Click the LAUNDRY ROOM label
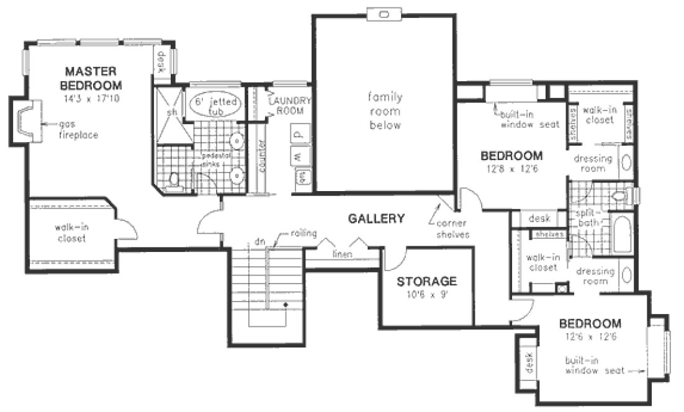(x=290, y=105)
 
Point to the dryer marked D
(x=297, y=134)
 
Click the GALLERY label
(x=376, y=218)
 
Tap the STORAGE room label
(x=427, y=280)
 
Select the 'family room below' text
(x=385, y=111)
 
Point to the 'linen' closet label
(x=342, y=254)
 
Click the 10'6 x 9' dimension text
(x=427, y=294)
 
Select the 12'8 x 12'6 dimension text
(x=512, y=168)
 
